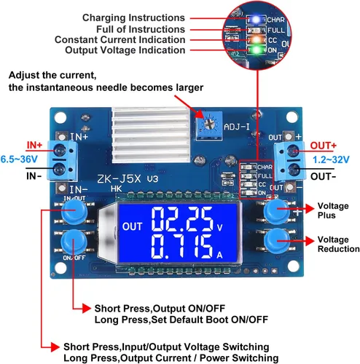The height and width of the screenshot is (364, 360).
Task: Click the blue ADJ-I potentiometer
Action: pos(209,125)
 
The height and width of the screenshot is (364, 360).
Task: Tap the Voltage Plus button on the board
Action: pos(276,210)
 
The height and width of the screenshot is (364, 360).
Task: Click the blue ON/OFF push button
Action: pos(74,242)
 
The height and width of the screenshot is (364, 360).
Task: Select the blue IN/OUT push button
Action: pos(74,210)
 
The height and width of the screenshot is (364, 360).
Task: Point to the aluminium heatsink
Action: pos(151,135)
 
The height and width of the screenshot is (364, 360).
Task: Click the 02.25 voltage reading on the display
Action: pos(183,219)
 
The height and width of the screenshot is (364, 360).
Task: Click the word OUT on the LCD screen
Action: pos(132,226)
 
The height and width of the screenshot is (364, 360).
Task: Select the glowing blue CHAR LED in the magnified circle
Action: pos(256,20)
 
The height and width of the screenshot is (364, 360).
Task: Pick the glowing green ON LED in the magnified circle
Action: pos(257,50)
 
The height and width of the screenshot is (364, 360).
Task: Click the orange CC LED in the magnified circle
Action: pos(257,39)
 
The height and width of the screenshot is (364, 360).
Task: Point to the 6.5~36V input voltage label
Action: pos(19,159)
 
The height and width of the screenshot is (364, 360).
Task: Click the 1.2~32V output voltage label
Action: pos(331,159)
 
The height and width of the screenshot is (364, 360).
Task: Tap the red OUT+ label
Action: pos(324,146)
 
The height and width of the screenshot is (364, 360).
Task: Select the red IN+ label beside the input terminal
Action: pos(34,145)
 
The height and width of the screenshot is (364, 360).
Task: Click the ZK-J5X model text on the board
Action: pos(119,179)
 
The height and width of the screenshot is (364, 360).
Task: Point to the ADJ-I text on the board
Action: pos(237,127)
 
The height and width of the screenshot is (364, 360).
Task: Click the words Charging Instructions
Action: pos(133,17)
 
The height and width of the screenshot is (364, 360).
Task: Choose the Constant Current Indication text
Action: pos(120,39)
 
